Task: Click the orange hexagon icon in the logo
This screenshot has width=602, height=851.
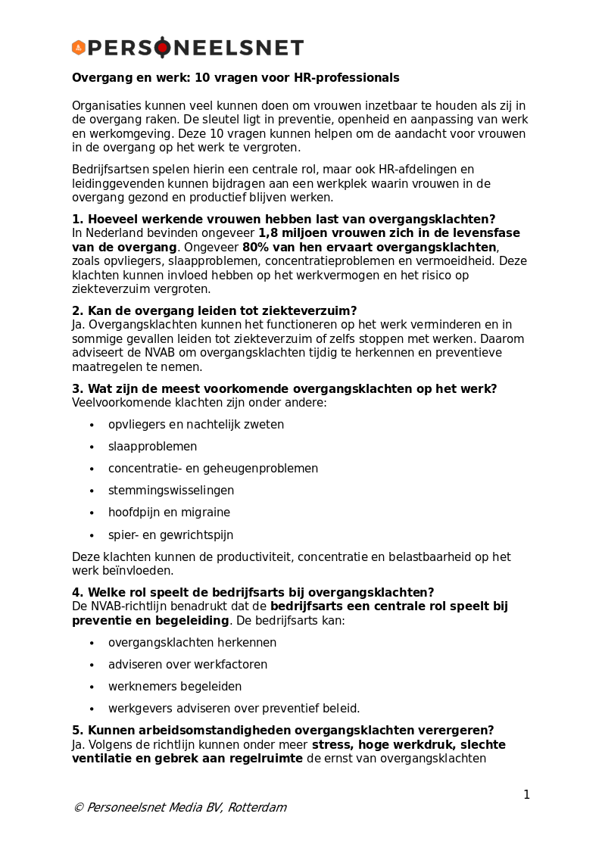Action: tap(79, 48)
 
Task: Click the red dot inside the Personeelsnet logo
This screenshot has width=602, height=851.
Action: tap(162, 48)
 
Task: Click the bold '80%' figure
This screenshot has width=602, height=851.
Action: tap(255, 248)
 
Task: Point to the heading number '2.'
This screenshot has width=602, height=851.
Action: tap(78, 311)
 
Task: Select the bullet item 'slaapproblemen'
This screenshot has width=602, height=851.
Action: tap(152, 447)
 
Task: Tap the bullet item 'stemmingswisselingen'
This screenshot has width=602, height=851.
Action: tap(171, 491)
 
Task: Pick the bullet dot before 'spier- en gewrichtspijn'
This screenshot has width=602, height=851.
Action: tap(92, 535)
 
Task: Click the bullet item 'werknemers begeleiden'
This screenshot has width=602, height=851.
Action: tap(175, 687)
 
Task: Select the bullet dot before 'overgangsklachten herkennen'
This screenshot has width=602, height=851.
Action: tap(92, 644)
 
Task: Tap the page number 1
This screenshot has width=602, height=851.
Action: tap(526, 795)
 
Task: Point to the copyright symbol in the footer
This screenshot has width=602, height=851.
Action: tap(78, 808)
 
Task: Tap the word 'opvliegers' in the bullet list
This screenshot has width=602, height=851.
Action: tap(136, 425)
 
